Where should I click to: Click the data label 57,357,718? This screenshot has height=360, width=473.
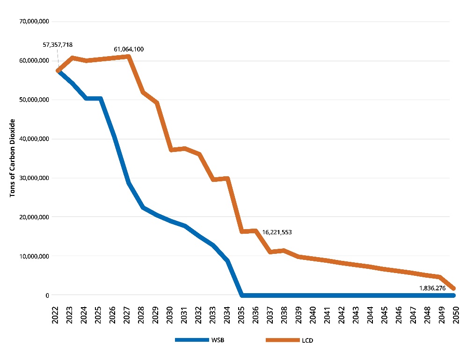[x=58, y=45]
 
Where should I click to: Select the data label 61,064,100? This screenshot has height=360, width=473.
[x=129, y=49]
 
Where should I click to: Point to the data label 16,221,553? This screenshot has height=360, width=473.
[x=277, y=232]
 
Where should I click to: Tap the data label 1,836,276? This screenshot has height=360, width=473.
[x=432, y=288]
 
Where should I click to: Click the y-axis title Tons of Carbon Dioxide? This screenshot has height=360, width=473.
[x=13, y=158]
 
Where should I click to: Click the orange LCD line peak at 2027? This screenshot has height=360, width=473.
[x=128, y=57]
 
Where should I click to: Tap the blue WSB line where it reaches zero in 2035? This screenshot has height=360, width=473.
[x=242, y=295]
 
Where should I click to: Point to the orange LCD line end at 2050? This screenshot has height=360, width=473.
[x=453, y=288]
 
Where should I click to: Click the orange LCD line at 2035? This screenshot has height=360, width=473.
[x=242, y=231]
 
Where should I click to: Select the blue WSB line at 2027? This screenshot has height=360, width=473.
[x=128, y=182]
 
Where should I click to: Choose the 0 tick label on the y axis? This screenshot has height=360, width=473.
[x=47, y=295]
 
